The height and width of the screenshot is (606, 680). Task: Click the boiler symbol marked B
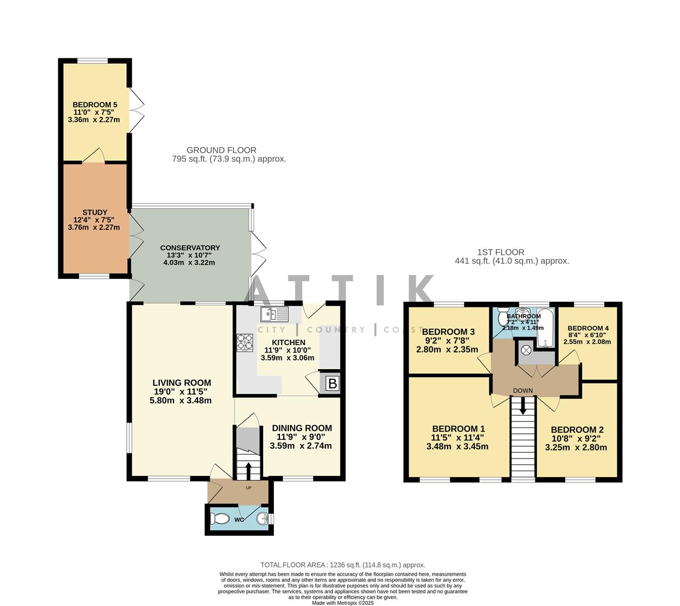tap(332, 384)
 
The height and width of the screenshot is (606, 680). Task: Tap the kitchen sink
tap(274, 314)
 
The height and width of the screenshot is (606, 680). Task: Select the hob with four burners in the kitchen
tap(245, 342)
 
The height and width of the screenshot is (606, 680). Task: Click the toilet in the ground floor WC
tap(219, 520)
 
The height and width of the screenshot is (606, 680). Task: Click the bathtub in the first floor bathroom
tap(544, 328)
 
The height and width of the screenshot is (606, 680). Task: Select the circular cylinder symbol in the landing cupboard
tap(526, 350)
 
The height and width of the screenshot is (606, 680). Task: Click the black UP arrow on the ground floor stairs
tap(249, 469)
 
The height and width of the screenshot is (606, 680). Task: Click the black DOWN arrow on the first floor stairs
tap(523, 406)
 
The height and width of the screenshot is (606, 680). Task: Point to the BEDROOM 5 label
tap(95, 105)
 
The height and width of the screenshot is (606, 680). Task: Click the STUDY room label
tap(94, 213)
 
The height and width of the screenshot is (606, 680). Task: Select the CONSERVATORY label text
tap(190, 248)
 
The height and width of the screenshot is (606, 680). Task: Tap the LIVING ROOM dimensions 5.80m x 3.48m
tap(180, 401)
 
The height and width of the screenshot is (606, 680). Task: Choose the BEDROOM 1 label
tap(457, 428)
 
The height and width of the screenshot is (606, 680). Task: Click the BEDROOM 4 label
tap(587, 328)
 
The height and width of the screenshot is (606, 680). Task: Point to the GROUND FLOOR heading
tap(221, 150)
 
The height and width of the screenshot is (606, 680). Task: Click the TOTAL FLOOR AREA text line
tap(342, 565)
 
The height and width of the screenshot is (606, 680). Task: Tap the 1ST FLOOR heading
tap(500, 252)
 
